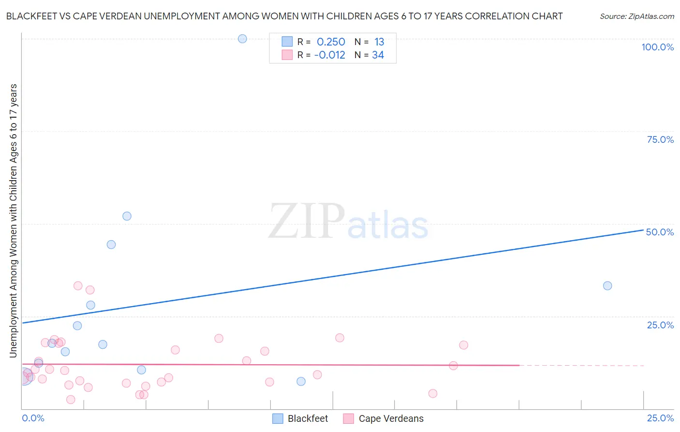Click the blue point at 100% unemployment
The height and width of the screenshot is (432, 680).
point(242,39)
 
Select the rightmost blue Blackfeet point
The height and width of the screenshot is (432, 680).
point(607,286)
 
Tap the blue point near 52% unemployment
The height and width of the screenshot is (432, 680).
point(127,216)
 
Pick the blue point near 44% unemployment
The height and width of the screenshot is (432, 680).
point(111,245)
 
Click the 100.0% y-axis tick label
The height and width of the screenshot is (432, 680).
point(657,47)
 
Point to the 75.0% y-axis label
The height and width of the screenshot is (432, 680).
point(660,139)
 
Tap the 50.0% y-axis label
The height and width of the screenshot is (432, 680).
point(660,232)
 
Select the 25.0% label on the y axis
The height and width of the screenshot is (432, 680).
point(660,325)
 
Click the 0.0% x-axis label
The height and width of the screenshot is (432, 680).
point(33,418)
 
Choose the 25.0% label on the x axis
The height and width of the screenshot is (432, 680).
point(660,418)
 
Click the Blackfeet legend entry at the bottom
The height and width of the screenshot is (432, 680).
point(300,418)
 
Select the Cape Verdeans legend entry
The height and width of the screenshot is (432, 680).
point(383,418)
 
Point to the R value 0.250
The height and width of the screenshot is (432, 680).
point(331,42)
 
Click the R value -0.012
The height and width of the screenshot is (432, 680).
point(329,55)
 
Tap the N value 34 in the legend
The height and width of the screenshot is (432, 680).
point(378,55)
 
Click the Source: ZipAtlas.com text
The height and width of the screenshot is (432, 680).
point(636,16)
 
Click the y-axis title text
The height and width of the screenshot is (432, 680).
point(13,221)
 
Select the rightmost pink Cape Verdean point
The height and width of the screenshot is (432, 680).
point(463,345)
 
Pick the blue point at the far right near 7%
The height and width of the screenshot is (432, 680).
point(301,381)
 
